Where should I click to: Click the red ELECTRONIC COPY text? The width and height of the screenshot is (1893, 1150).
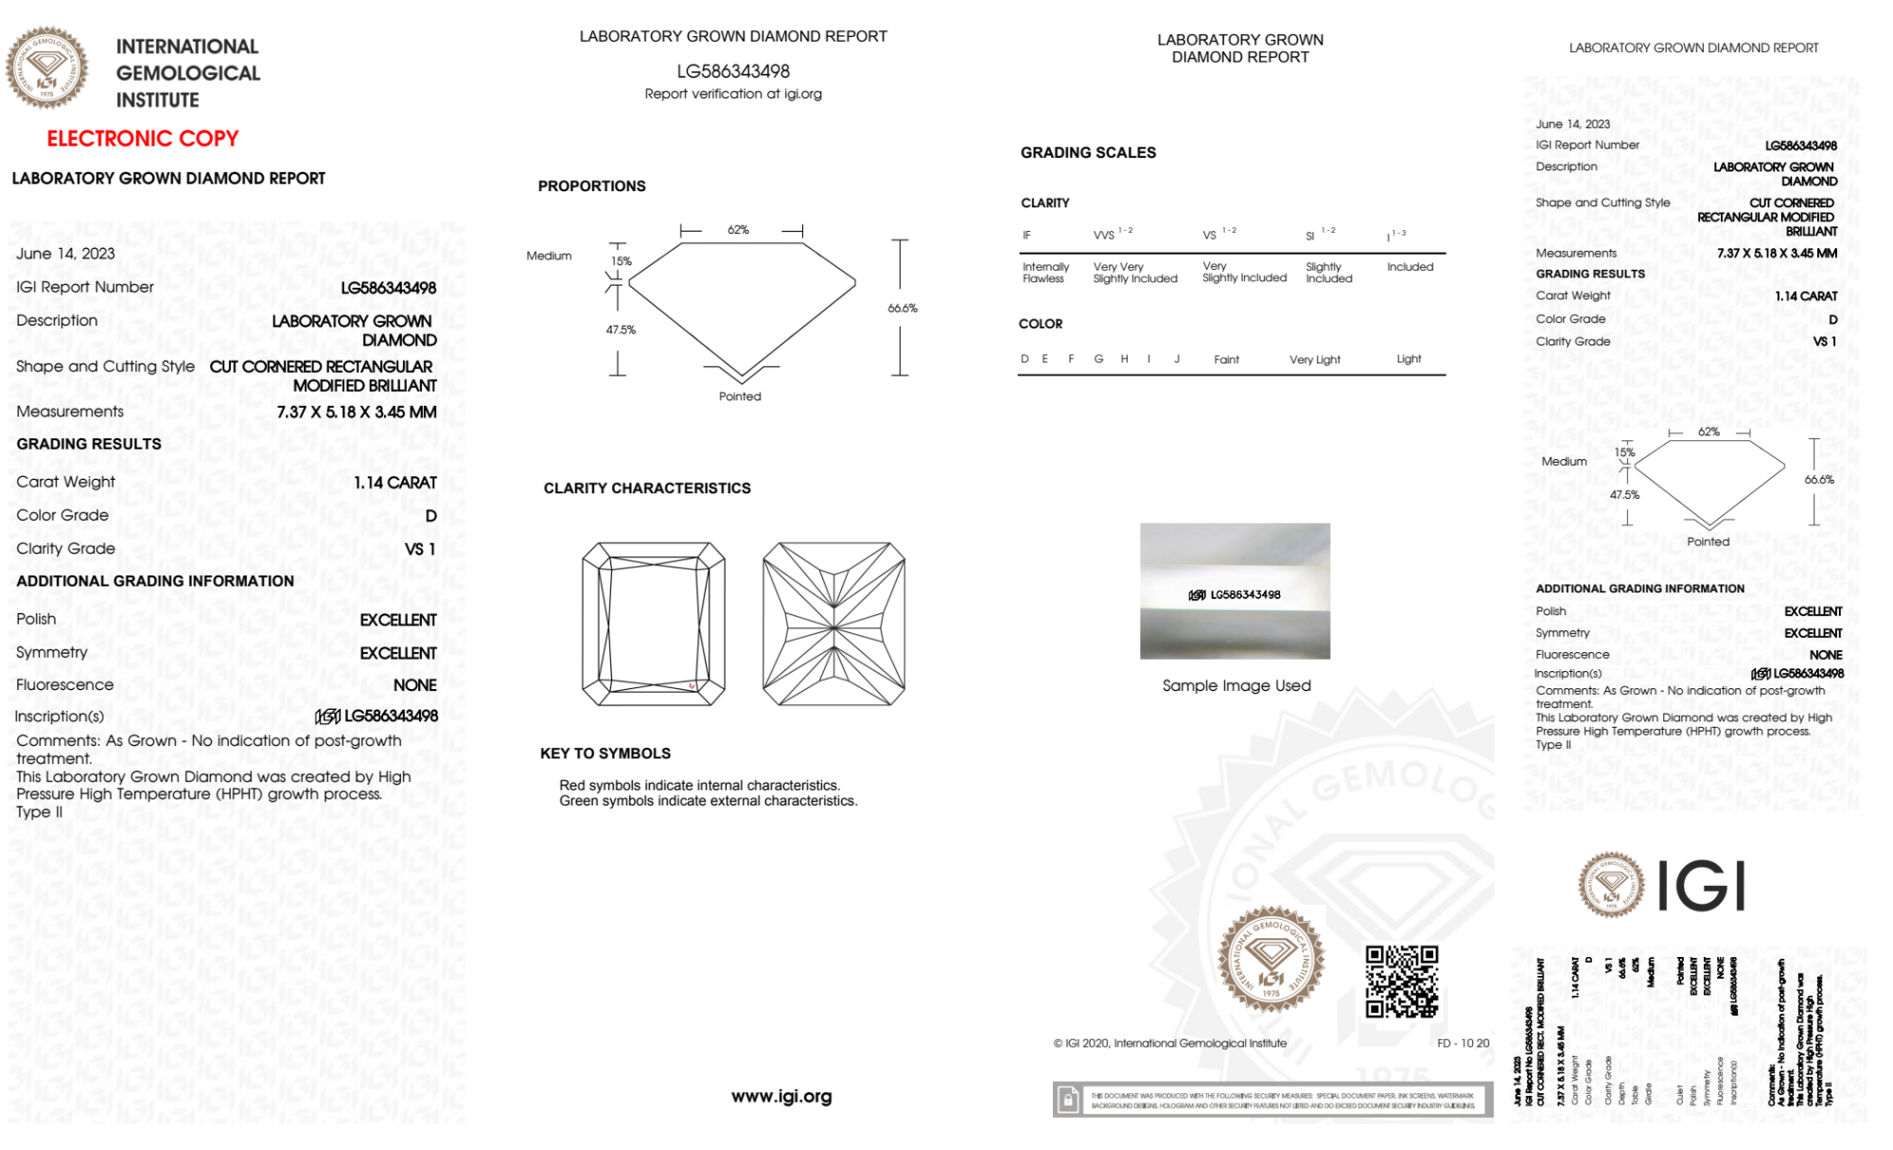pos(143,139)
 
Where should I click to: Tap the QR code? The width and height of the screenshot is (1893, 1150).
pos(1401,982)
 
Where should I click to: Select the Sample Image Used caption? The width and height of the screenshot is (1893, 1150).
pos(1236,686)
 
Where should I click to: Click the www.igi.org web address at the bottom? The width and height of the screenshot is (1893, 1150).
pos(781,1097)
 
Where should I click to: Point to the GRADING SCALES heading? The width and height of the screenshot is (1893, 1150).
pos(1088,153)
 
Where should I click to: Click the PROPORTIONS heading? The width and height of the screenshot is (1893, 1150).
pos(591,186)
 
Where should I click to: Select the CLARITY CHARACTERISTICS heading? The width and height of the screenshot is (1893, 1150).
pos(647,488)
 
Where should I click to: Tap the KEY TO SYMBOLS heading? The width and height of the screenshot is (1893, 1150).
pos(605,754)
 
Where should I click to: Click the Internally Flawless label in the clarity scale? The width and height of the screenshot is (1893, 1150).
pos(1044,274)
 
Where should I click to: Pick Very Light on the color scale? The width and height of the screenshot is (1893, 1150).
pos(1314,360)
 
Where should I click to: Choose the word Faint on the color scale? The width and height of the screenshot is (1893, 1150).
pos(1226,360)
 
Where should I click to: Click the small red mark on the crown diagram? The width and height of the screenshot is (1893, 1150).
pos(692,686)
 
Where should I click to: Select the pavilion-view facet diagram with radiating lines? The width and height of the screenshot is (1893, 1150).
pos(833,625)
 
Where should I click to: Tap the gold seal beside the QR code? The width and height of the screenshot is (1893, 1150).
pos(1271,960)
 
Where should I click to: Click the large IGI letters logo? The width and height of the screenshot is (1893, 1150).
pos(1702,887)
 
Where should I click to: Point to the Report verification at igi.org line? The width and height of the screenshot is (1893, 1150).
pos(733,95)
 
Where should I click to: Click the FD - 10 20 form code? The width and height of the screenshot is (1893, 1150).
pos(1463,1044)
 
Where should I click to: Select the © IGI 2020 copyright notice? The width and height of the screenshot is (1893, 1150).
pos(1170,1044)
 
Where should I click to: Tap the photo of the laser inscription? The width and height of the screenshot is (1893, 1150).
pos(1235,592)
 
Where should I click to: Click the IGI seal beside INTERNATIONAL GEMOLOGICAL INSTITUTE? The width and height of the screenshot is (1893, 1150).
pos(47,68)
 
